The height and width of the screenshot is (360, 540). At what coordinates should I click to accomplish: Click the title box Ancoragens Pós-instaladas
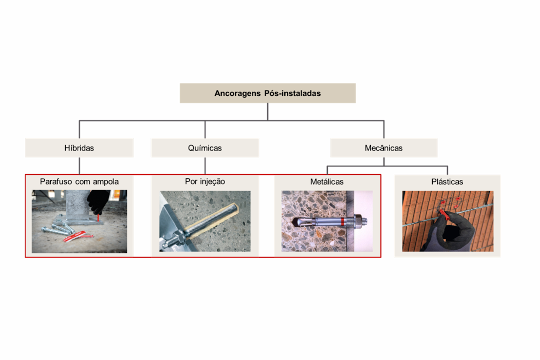[x=268, y=93]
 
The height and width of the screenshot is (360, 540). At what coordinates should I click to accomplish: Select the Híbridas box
[x=79, y=148]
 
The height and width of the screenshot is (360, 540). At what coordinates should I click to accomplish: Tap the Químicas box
[x=205, y=148]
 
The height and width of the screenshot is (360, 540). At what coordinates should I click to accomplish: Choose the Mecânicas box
[x=384, y=148]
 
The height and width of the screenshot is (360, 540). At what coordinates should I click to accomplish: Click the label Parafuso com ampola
[x=79, y=181]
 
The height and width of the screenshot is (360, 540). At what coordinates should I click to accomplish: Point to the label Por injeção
[x=205, y=181]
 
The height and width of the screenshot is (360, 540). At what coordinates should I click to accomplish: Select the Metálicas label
[x=327, y=181]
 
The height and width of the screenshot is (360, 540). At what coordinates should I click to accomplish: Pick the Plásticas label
[x=447, y=181]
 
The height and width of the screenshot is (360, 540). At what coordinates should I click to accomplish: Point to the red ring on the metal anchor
[x=342, y=222]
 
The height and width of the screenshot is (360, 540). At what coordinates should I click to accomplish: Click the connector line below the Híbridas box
[x=79, y=166]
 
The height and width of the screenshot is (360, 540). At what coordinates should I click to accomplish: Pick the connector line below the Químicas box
[x=205, y=166]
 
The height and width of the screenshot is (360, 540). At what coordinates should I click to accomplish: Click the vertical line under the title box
[x=268, y=112]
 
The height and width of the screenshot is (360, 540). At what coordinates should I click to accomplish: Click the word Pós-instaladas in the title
[x=292, y=93]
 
